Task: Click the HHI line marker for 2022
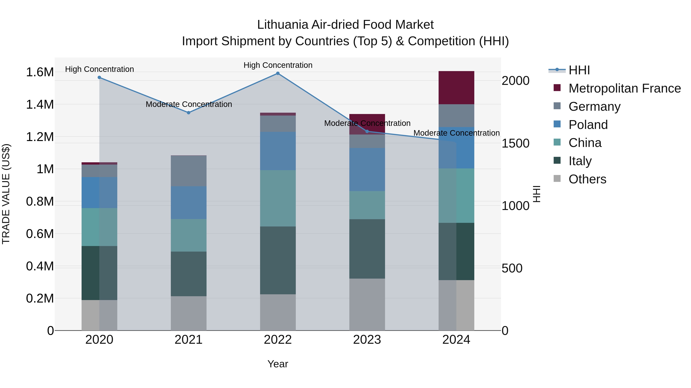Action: click(x=278, y=73)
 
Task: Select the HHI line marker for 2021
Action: click(x=188, y=113)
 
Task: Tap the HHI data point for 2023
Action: click(x=367, y=131)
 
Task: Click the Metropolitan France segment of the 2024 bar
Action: click(x=456, y=88)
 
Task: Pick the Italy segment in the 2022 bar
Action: click(x=278, y=260)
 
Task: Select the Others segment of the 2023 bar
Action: click(x=367, y=304)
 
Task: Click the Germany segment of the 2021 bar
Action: click(x=188, y=171)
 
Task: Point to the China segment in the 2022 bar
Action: click(x=278, y=198)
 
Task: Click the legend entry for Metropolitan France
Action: click(x=624, y=88)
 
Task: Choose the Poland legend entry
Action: click(x=588, y=125)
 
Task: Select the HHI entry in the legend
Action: click(x=579, y=70)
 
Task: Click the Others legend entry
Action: click(x=587, y=179)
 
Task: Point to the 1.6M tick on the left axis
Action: click(x=40, y=72)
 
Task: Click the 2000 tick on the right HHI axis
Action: click(x=515, y=81)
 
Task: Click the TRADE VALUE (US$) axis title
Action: click(x=6, y=194)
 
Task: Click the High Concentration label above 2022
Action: click(x=278, y=65)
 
